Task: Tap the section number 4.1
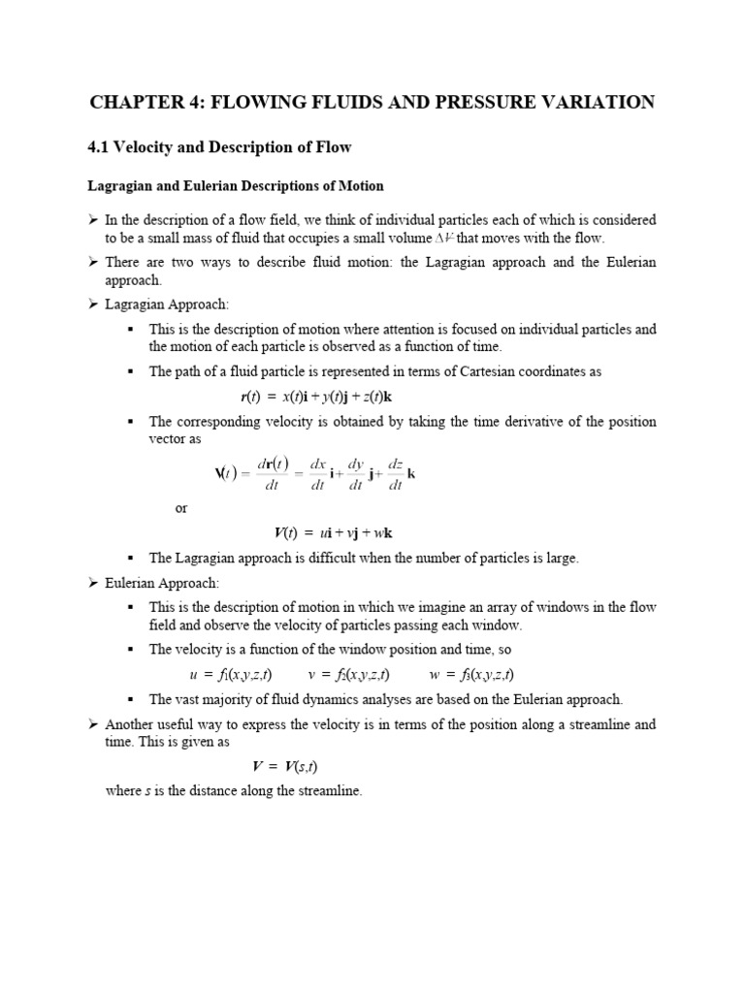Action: tap(100, 147)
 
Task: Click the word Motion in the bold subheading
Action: tap(361, 185)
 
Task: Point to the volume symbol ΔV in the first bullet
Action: tap(441, 238)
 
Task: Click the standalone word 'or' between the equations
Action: tap(181, 508)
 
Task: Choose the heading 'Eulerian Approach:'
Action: tap(163, 583)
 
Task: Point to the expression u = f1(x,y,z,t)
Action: tap(230, 674)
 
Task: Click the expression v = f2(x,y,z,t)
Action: tap(348, 674)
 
